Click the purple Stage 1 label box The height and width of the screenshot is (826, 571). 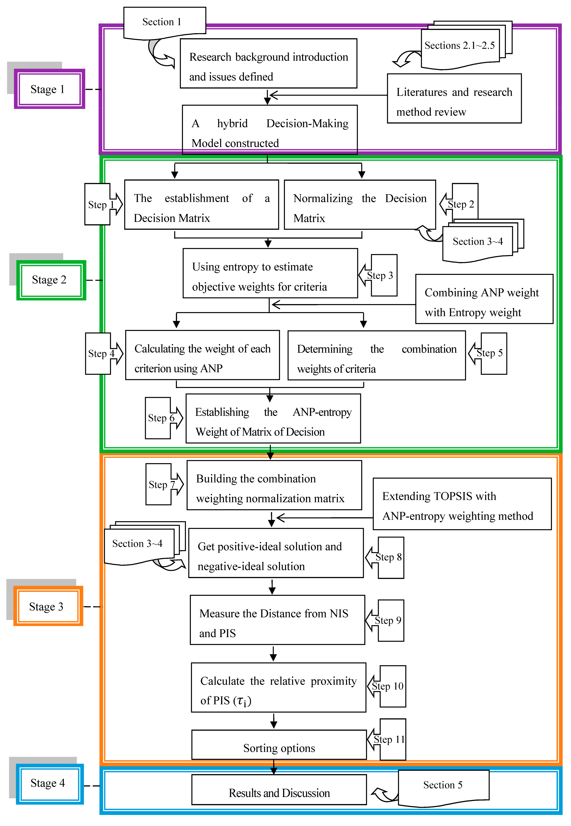[49, 89]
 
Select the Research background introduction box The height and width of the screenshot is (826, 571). [268, 63]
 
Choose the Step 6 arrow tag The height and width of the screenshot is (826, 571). [162, 418]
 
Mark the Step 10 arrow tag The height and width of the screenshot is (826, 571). [388, 686]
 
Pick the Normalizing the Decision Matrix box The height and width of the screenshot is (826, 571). [360, 205]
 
